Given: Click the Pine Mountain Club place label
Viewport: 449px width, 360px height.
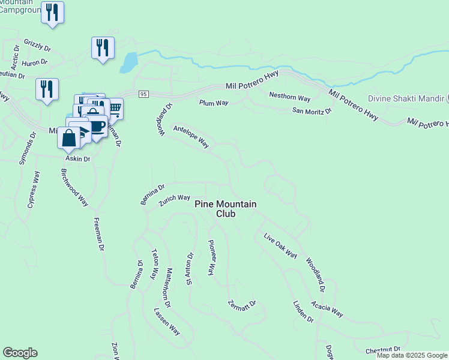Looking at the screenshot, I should [x=225, y=209].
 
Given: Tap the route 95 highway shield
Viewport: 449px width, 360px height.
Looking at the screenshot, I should [x=143, y=94].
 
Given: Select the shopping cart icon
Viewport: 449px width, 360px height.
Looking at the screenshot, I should [x=114, y=109].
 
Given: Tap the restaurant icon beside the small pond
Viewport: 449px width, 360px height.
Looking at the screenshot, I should [x=103, y=48].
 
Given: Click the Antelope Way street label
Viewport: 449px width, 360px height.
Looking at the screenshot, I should [x=191, y=136].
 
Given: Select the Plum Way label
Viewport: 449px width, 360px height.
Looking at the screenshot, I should [x=214, y=103].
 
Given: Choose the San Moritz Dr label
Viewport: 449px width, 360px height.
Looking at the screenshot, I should [x=312, y=110].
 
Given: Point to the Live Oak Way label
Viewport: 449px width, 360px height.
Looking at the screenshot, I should [x=281, y=246].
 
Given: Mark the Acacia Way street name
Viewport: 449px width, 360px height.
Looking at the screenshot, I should [x=327, y=306].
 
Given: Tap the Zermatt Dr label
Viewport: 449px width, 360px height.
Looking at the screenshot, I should [x=242, y=304].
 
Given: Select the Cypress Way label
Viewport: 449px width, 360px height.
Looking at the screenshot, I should [x=34, y=190].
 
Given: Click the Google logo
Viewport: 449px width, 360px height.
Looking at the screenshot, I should [x=20, y=353].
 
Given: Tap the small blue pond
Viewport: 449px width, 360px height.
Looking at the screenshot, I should [x=128, y=62].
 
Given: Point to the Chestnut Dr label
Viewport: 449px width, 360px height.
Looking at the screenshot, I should [x=378, y=349].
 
